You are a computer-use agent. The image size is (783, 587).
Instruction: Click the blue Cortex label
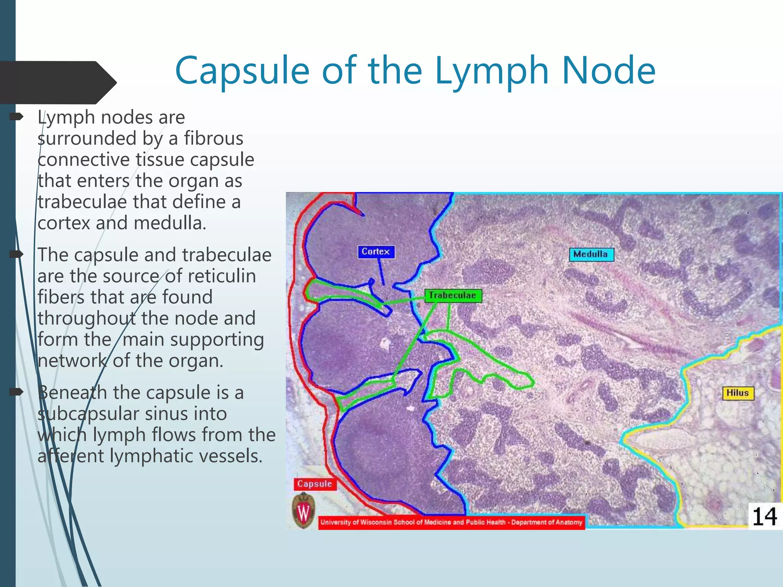(x=376, y=252)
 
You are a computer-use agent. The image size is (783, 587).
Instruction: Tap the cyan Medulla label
(x=591, y=255)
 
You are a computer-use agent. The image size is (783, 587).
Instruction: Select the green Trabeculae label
(x=453, y=295)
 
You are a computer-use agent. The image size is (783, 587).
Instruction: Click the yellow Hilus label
(x=738, y=393)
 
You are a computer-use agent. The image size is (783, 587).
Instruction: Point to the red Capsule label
(x=315, y=484)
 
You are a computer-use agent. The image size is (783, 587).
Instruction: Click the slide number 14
(x=764, y=516)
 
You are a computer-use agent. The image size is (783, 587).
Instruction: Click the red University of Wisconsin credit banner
(x=451, y=522)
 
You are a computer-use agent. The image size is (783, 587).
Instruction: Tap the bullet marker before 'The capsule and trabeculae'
(x=16, y=254)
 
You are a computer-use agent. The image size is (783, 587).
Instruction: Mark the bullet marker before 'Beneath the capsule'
(x=16, y=392)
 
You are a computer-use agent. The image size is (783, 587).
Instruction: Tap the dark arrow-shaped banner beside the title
(x=57, y=82)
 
